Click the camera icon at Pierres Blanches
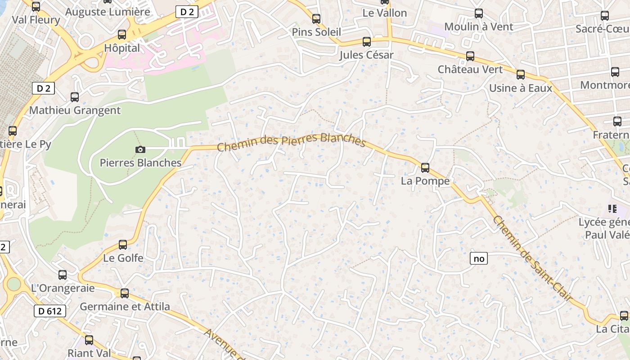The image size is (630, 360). tap(140, 149)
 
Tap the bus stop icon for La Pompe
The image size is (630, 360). tap(425, 168)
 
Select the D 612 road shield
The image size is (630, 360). tap(49, 310)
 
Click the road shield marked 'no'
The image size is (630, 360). tap(479, 258)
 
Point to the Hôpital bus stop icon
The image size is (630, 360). tap(121, 35)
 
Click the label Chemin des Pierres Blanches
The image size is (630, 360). tap(291, 141)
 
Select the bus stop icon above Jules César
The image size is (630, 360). tap(367, 42)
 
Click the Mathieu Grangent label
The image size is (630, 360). tap(75, 110)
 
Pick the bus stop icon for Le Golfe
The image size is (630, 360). tap(122, 245)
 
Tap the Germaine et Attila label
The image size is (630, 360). tap(125, 307)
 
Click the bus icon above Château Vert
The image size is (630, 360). tap(470, 56)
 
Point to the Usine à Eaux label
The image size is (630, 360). tap(520, 88)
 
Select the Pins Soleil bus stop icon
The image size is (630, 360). tap(316, 19)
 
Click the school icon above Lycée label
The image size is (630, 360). tap(612, 208)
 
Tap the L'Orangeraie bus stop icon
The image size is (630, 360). tap(63, 275)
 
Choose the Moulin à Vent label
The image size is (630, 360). tap(479, 27)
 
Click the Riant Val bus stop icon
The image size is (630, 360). tap(89, 340)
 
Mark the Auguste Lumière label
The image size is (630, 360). tap(108, 12)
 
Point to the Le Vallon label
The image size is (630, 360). tap(385, 13)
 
